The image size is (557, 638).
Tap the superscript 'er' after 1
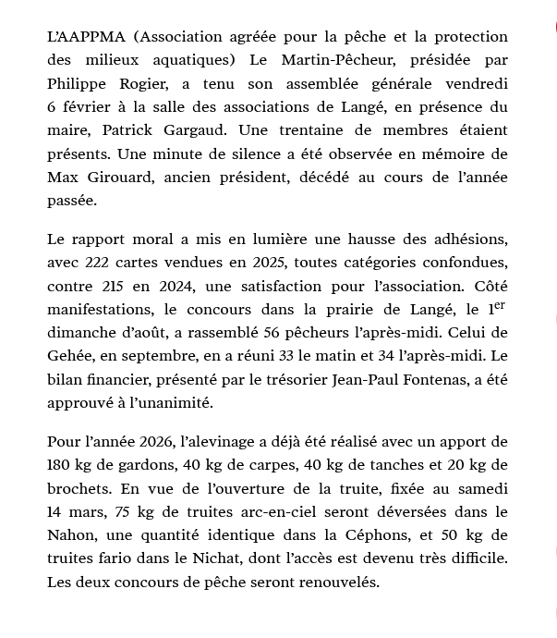(498, 303)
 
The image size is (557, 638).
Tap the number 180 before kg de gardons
(61, 465)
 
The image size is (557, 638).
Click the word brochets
(75, 488)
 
